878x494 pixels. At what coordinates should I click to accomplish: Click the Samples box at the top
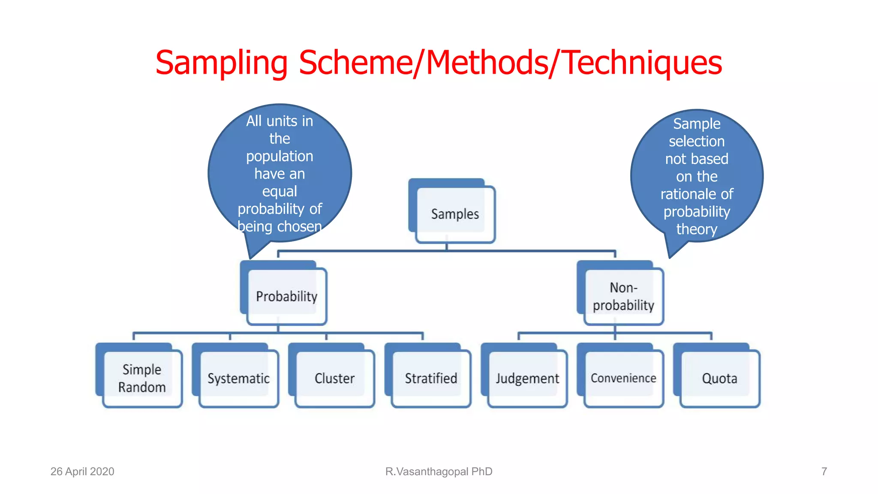pos(454,214)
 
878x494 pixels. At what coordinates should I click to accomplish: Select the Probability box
pos(286,296)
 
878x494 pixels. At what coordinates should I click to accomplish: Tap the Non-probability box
pos(623,296)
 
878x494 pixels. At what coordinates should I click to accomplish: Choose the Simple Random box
pos(142,378)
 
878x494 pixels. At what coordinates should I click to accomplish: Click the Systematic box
pos(238,378)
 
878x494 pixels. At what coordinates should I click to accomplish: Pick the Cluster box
pos(334,378)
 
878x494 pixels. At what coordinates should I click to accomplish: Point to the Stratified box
pos(431,378)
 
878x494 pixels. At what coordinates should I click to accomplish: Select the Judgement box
pos(527,378)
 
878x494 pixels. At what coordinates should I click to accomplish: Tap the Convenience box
pos(623,378)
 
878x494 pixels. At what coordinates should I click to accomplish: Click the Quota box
pos(719,378)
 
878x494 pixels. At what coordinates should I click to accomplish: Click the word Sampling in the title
pos(221,63)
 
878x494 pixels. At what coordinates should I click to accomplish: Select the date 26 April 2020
pos(82,471)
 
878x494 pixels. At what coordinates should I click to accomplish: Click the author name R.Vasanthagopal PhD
pos(439,471)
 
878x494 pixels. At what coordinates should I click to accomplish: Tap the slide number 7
pos(824,471)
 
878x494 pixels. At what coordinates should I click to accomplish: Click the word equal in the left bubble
pos(280,191)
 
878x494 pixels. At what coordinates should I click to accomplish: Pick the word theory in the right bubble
pos(697,229)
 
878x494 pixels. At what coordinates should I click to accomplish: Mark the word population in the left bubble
pos(280,156)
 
